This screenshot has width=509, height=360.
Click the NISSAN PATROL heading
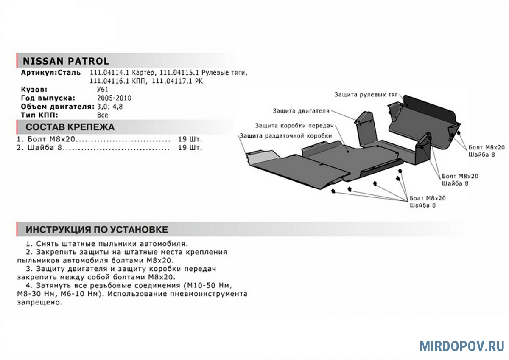pyautogui.click(x=66, y=61)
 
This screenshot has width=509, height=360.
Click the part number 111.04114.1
pyautogui.click(x=109, y=73)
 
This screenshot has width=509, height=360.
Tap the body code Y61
pyautogui.click(x=103, y=90)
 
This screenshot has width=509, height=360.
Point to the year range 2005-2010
pyautogui.click(x=114, y=98)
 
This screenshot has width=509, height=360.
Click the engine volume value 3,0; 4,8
pyautogui.click(x=110, y=107)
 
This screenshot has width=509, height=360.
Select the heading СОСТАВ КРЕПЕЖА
pyautogui.click(x=70, y=127)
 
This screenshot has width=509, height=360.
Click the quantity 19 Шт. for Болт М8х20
pyautogui.click(x=190, y=139)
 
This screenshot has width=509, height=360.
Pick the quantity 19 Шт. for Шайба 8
pyautogui.click(x=190, y=148)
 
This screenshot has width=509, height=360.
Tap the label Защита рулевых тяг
pyautogui.click(x=366, y=95)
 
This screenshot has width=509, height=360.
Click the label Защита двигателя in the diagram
pyautogui.click(x=301, y=111)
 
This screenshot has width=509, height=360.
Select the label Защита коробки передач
pyautogui.click(x=294, y=126)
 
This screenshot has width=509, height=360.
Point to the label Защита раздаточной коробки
pyautogui.click(x=286, y=136)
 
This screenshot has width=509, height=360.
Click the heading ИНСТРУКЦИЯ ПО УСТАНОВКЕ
pyautogui.click(x=97, y=230)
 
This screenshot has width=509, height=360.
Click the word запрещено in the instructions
pyautogui.click(x=39, y=302)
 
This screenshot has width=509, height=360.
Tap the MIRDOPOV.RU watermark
pyautogui.click(x=462, y=346)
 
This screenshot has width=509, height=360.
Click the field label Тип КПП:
pyautogui.click(x=39, y=115)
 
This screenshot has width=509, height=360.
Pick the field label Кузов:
pyautogui.click(x=34, y=90)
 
